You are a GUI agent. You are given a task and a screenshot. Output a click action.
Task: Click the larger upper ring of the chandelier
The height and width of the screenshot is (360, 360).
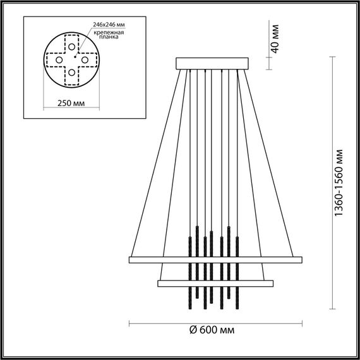click(215, 259)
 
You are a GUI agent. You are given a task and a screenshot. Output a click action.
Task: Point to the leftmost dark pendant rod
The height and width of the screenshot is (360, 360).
click(189, 265)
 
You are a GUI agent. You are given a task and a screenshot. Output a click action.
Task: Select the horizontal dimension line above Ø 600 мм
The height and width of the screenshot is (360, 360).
click(215, 323)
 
